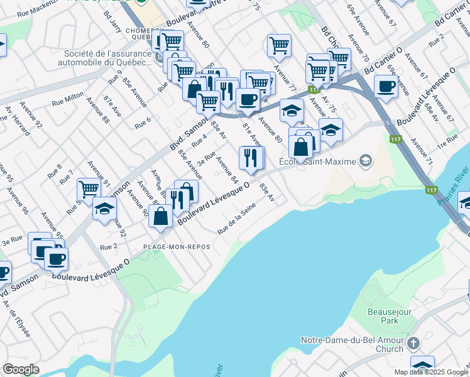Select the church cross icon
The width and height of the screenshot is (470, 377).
click(x=413, y=343)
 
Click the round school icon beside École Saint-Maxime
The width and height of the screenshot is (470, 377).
click(x=365, y=161)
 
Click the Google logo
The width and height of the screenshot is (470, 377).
click(x=21, y=369)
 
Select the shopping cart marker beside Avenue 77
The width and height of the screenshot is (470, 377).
click(x=278, y=46)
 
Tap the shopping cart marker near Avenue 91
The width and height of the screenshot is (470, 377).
click(x=89, y=189)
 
